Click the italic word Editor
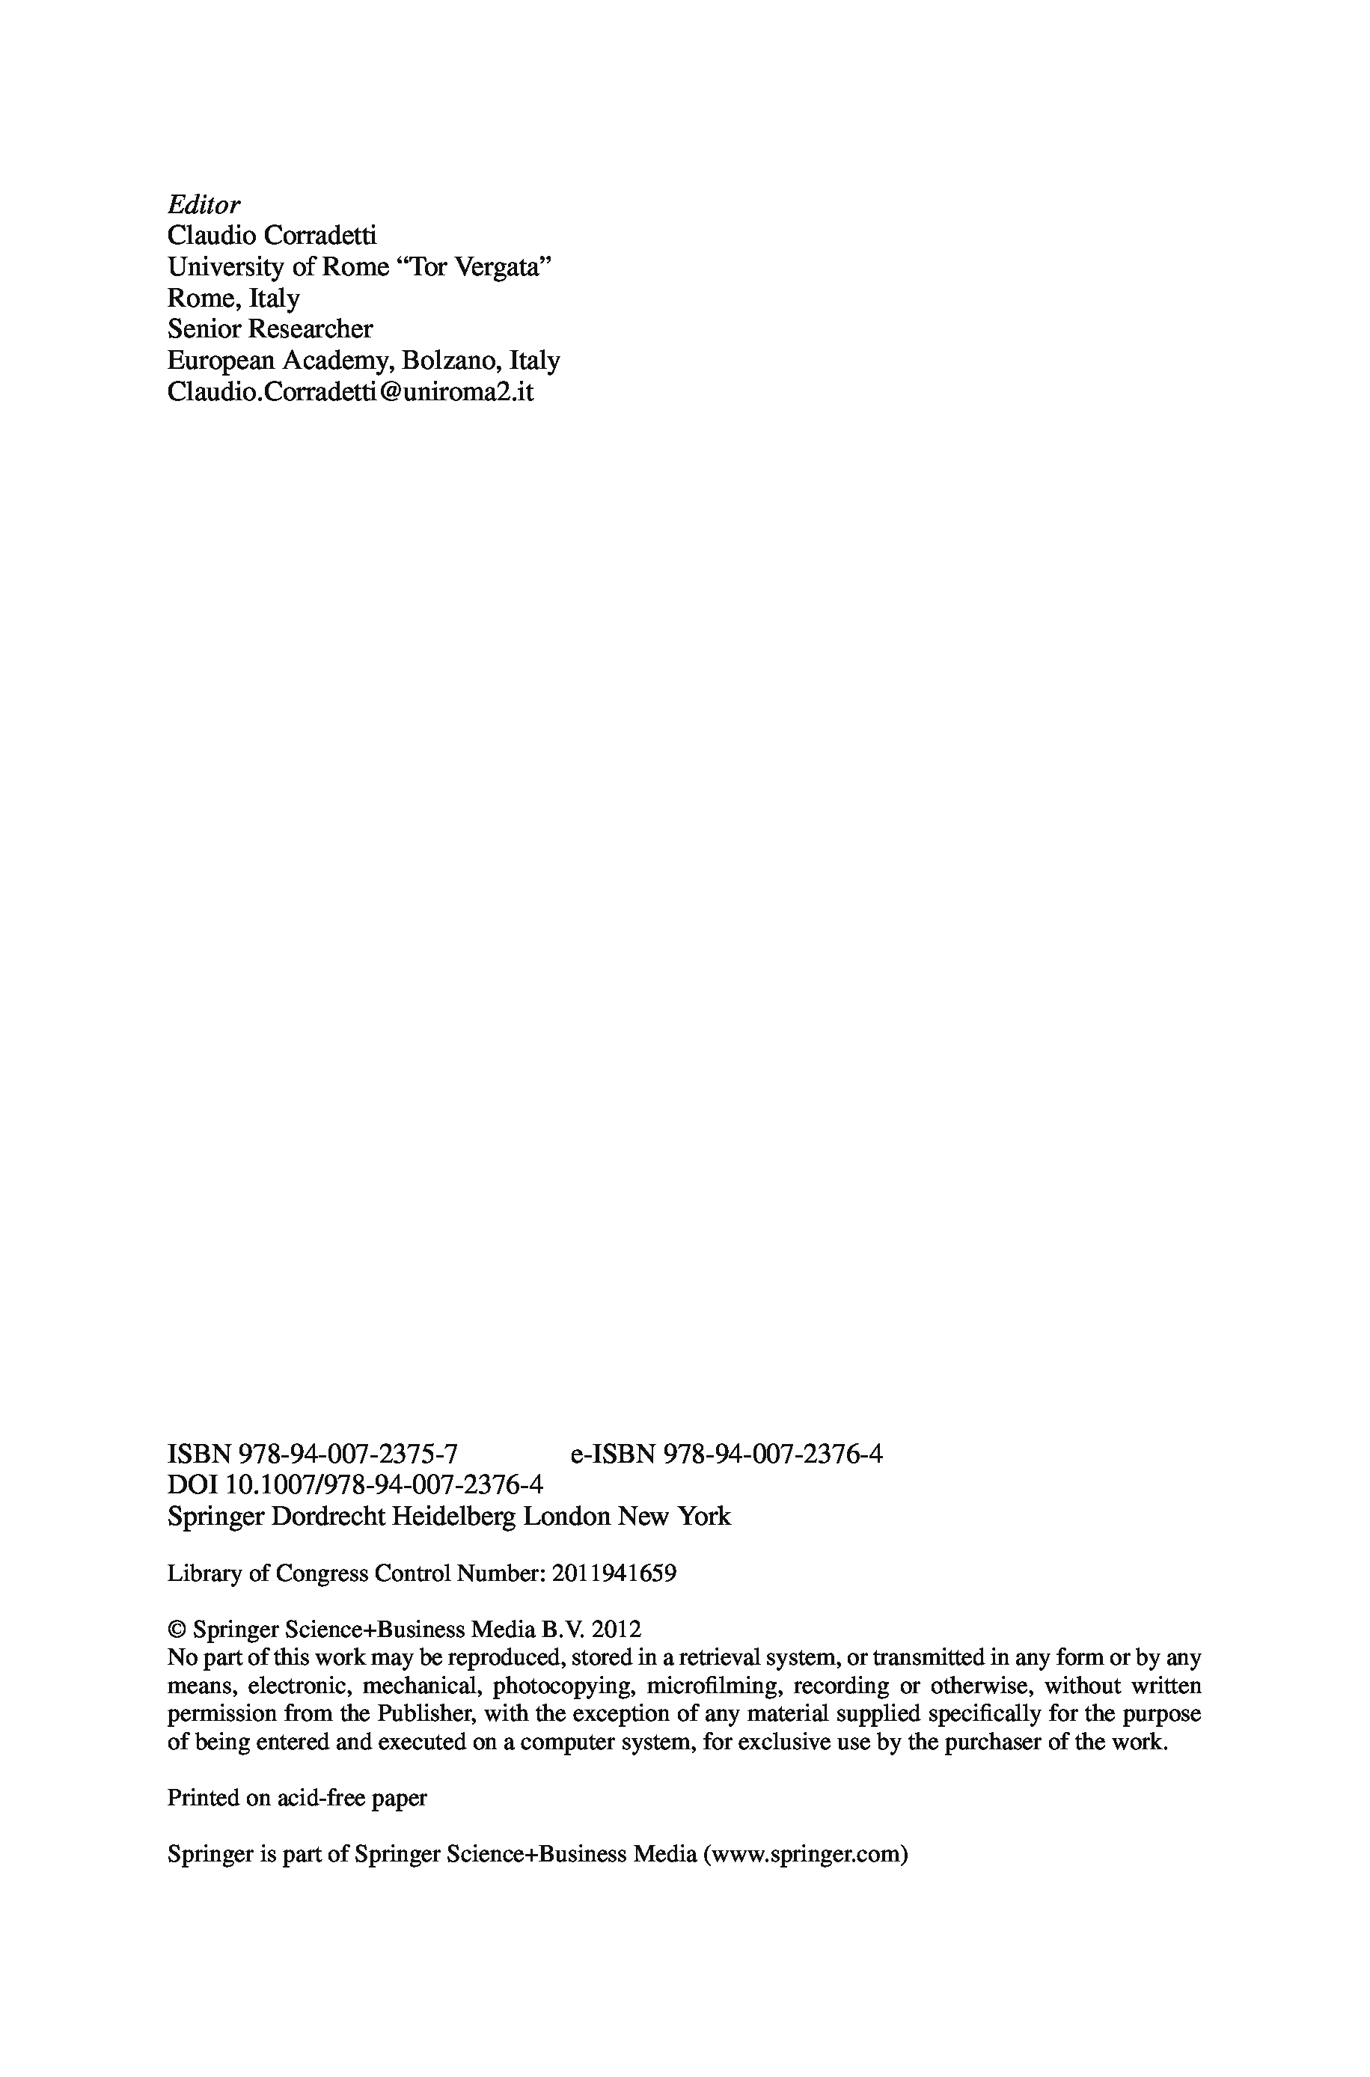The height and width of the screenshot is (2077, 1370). tap(204, 204)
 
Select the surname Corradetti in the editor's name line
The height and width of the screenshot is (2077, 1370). tap(324, 235)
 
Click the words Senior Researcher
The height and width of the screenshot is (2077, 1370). tap(270, 328)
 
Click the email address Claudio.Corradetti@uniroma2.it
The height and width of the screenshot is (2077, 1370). tap(349, 391)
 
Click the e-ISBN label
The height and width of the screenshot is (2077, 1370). tap(613, 1453)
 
